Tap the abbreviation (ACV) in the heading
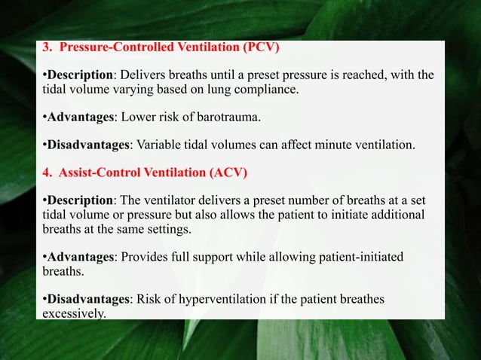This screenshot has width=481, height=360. pyautogui.click(x=227, y=172)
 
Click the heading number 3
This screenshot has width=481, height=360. pyautogui.click(x=45, y=49)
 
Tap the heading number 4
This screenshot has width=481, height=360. pyautogui.click(x=45, y=172)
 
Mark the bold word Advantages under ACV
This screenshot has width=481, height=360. pyautogui.click(x=78, y=257)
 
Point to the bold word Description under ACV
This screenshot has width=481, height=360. pyautogui.click(x=80, y=200)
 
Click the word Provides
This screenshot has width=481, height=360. pyautogui.click(x=141, y=257)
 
